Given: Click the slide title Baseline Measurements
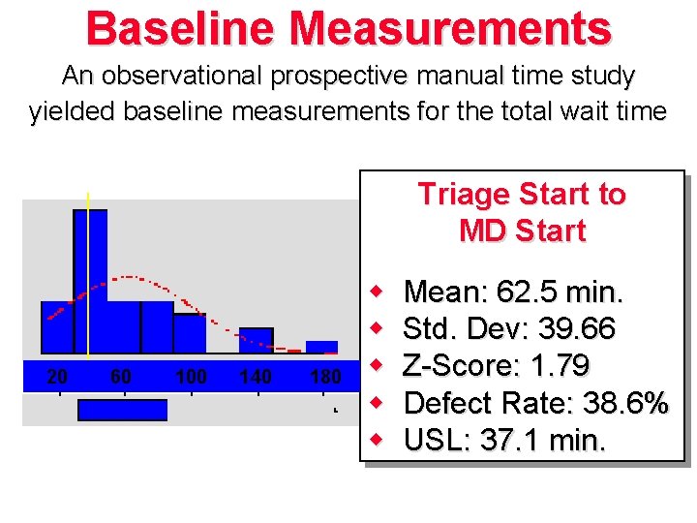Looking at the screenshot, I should click(348, 28).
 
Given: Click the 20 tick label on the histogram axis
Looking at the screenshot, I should click(57, 377).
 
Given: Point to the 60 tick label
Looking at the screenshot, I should click(121, 377).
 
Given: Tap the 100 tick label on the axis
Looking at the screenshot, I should click(190, 377).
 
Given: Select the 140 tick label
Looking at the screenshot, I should click(255, 377).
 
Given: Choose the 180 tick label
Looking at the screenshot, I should click(324, 377).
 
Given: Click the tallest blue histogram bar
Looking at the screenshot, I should click(90, 281).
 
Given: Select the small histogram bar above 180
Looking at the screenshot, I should click(321, 347).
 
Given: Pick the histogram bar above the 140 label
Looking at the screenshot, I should click(256, 340).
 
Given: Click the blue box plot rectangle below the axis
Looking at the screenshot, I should click(122, 410).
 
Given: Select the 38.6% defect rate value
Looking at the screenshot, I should click(617, 403).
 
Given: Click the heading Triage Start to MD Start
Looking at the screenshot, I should click(522, 213).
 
